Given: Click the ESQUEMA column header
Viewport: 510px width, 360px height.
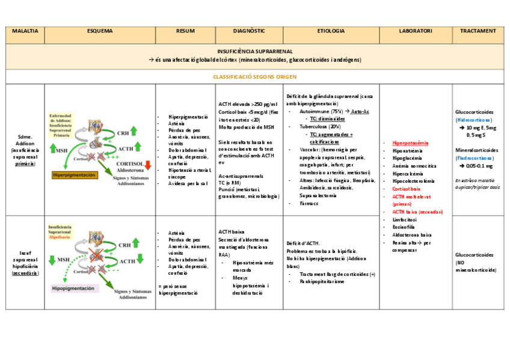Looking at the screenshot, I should [99, 31].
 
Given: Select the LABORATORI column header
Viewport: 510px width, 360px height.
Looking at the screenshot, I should [415, 31].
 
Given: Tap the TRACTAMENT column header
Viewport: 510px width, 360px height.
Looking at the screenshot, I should [478, 31].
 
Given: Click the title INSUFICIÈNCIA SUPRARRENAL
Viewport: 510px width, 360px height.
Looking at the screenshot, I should [254, 52].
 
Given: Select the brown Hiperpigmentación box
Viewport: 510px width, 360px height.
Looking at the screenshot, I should [75, 175].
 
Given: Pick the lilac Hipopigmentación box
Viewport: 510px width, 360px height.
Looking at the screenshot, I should [73, 288].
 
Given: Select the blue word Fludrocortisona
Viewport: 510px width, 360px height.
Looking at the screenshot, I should [477, 157].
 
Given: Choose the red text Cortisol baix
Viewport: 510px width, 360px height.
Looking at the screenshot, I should [407, 189].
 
